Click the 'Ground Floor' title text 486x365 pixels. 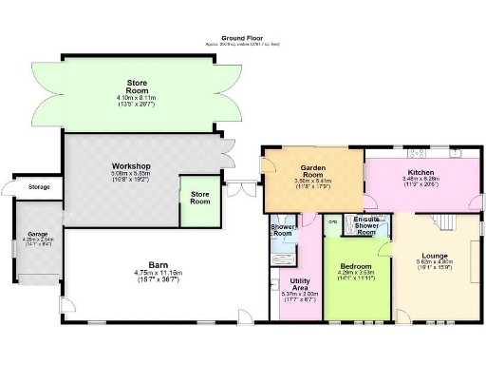[x=236, y=39]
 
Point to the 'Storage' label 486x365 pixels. [x=39, y=187]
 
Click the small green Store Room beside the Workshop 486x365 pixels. [x=199, y=202]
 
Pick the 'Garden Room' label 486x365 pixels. [x=314, y=167]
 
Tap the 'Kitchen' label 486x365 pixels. [x=421, y=171]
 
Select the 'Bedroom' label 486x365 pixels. [x=357, y=265]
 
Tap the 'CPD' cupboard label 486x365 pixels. [x=332, y=221]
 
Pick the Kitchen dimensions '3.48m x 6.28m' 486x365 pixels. [x=421, y=179]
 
